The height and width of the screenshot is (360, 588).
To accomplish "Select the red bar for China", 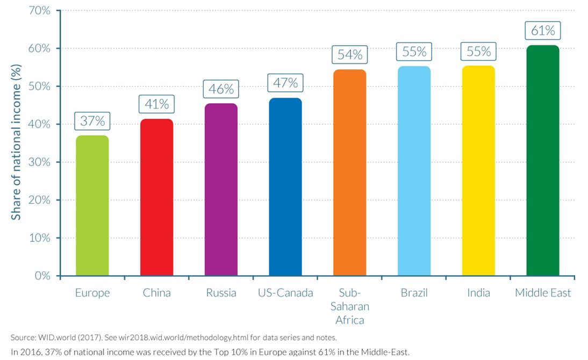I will [x=156, y=197].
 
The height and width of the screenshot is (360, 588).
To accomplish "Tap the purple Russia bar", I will [x=221, y=190].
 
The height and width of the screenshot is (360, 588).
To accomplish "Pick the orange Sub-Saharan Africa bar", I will [x=350, y=172].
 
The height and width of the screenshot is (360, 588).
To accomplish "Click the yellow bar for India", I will [x=478, y=170].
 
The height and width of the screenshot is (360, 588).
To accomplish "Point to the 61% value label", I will [x=543, y=31].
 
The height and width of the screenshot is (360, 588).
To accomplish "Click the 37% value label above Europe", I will [x=92, y=121].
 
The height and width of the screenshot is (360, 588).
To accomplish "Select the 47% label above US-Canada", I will [x=285, y=83].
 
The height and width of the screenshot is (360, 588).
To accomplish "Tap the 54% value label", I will [x=350, y=55].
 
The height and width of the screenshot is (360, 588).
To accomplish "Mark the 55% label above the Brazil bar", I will [x=414, y=52].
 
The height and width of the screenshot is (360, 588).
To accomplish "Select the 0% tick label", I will [x=42, y=276].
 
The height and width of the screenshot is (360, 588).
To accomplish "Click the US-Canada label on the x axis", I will [x=285, y=293].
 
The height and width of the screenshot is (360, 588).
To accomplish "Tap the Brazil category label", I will [x=414, y=293].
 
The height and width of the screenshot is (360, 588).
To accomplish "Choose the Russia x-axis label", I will [x=221, y=293].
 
